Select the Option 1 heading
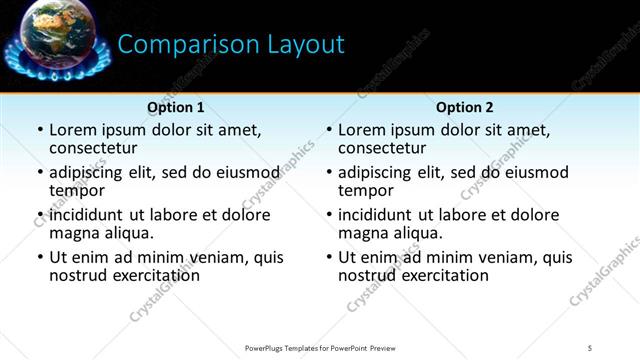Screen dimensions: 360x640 pyautogui.click(x=176, y=107)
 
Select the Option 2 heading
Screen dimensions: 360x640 pyautogui.click(x=465, y=107)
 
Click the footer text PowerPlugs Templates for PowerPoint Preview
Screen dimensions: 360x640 pyautogui.click(x=320, y=348)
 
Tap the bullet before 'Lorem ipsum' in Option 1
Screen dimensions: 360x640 pyautogui.click(x=40, y=130)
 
